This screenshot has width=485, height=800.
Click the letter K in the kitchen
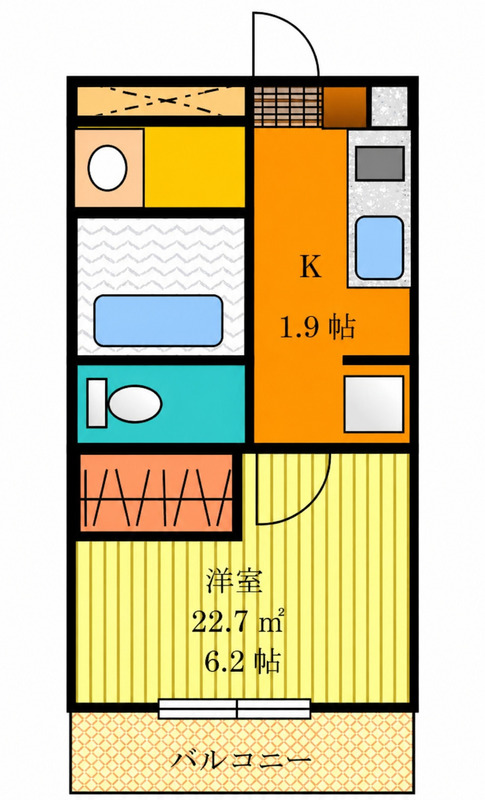pyautogui.click(x=310, y=266)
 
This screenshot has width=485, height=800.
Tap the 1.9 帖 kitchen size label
pyautogui.click(x=317, y=327)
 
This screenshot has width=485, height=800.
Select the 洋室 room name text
pyautogui.click(x=234, y=581)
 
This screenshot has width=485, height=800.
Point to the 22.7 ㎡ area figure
pyautogui.click(x=238, y=622)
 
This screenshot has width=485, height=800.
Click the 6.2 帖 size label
pyautogui.click(x=243, y=662)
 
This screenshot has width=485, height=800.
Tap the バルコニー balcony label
pyautogui.click(x=241, y=761)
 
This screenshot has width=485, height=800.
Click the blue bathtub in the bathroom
pyautogui.click(x=158, y=320)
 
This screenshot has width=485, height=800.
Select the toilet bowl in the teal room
pyautogui.click(x=135, y=404)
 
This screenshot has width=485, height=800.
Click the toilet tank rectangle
pyautogui.click(x=96, y=403)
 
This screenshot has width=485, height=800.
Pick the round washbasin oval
pyautogui.click(x=107, y=168)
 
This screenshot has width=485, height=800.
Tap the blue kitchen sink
pyautogui.click(x=379, y=248)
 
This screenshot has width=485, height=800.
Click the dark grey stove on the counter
pyautogui.click(x=380, y=163)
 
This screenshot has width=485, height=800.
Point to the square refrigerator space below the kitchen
pyautogui.click(x=374, y=404)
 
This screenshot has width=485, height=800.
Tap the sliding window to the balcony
pyautogui.click(x=235, y=709)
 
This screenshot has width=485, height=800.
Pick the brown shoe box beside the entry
pyautogui.click(x=345, y=108)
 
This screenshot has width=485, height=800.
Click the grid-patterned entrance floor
pyautogui.click(x=288, y=107)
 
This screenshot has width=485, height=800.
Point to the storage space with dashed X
pyautogui.click(x=161, y=101)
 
